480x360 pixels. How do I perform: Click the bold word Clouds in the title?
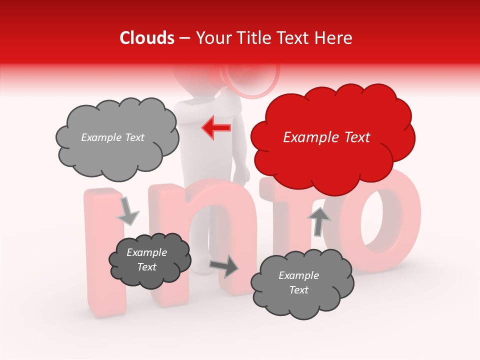[x=147, y=38]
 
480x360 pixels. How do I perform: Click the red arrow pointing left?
[x=216, y=127]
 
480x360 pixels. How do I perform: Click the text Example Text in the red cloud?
[x=326, y=137]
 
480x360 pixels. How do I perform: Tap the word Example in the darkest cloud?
[x=146, y=252]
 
